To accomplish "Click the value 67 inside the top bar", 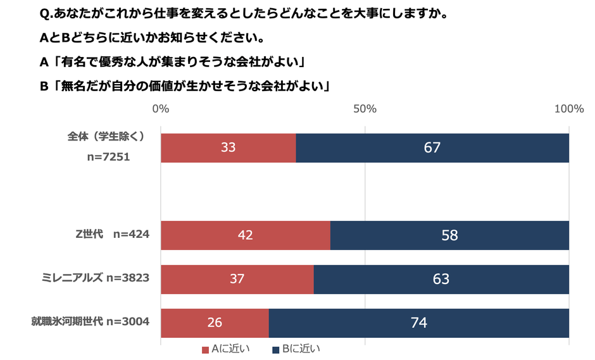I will coord(432,148).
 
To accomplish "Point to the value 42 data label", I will coord(245,235).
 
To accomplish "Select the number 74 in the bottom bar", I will coord(418,323).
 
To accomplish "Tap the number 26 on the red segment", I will coord(215,323).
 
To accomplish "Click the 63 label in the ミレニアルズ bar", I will coord(441,279).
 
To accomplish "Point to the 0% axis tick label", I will coord(161,109).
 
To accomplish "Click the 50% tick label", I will coord(365,109).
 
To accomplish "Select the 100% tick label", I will coord(568,109).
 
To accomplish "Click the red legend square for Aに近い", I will coord(205,349).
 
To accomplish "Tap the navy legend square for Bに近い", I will coord(276,349).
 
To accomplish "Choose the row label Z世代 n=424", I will coord(112,235).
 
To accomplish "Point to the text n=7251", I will coord(108,156).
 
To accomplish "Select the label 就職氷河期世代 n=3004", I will coord(91,322).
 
